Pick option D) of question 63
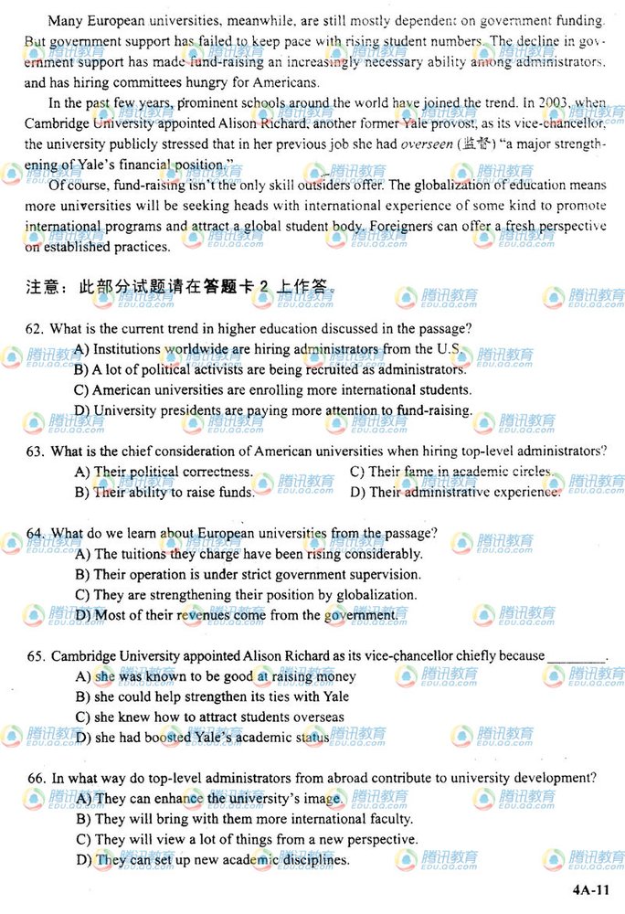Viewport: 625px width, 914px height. click(357, 493)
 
